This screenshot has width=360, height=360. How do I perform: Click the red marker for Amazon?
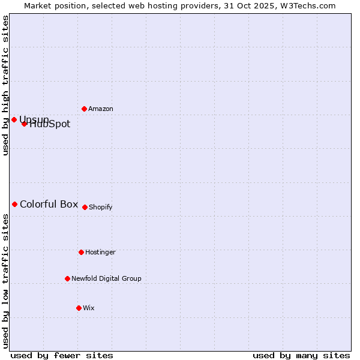84,109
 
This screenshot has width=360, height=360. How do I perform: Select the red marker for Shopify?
85,207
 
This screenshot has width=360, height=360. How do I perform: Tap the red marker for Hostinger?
81,252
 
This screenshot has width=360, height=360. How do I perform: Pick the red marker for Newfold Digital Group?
67,278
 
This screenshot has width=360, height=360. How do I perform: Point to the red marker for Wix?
79,308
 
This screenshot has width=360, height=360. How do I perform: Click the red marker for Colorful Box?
14,204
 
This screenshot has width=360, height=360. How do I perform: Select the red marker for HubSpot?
24,124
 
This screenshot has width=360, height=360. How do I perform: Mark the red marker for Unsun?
14,119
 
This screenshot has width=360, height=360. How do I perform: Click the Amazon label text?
101,109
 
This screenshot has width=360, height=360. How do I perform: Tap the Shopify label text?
101,208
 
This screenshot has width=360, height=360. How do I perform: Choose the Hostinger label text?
100,253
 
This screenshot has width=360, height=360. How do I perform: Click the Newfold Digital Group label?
106,279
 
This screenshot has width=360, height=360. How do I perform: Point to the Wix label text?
89,308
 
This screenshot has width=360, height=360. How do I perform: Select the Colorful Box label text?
49,205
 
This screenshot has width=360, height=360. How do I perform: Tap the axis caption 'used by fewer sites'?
62,356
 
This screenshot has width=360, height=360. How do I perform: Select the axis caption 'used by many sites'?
301,356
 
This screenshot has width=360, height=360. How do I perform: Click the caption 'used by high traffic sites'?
5,86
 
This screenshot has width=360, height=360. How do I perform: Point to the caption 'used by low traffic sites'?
5,281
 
